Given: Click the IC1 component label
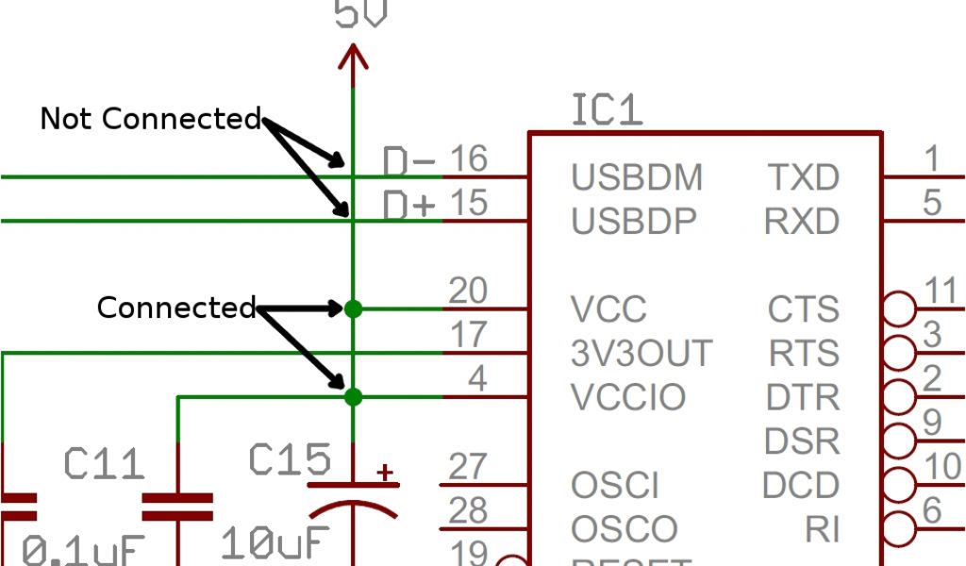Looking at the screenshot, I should tap(607, 110).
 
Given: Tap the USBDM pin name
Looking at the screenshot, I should tap(637, 176).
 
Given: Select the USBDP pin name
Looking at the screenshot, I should tap(634, 221).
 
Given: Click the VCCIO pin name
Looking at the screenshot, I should tap(628, 397).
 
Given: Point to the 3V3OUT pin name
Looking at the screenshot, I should tap(641, 353).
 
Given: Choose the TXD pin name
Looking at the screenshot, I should tap(802, 176).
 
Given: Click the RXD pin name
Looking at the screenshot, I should tap(802, 221).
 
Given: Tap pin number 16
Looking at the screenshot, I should tap(468, 158).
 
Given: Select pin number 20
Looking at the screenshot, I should tap(468, 291).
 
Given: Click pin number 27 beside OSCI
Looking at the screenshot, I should tap(468, 467).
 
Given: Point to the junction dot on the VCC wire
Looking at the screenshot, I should tap(353, 308).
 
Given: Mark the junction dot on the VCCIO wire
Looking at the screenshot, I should tap(353, 397).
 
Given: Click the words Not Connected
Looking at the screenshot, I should tap(150, 119).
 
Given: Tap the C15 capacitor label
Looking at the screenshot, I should tap(290, 460).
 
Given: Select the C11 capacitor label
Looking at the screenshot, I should tap(105, 464).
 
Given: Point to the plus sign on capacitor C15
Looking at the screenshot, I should tap(385, 473).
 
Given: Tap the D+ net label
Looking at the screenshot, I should tap(408, 205).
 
